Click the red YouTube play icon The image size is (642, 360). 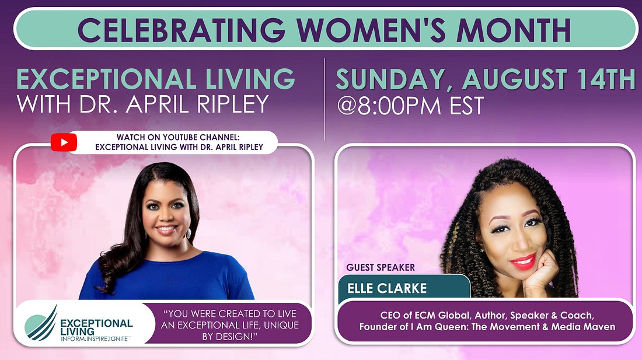(x=64, y=142)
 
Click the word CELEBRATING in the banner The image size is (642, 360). (x=182, y=29)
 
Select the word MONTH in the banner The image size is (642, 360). (x=514, y=29)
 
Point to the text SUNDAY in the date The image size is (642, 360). (x=391, y=79)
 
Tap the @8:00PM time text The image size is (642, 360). (x=389, y=106)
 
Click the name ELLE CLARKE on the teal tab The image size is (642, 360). (x=387, y=288)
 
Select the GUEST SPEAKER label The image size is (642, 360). (x=381, y=268)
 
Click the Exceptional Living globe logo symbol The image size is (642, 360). (x=41, y=324)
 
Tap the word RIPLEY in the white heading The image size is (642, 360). (x=232, y=104)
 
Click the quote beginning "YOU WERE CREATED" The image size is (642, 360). (x=230, y=325)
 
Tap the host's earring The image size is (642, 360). (x=189, y=234)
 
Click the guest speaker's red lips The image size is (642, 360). (x=523, y=261)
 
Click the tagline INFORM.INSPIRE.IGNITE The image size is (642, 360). (x=94, y=339)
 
